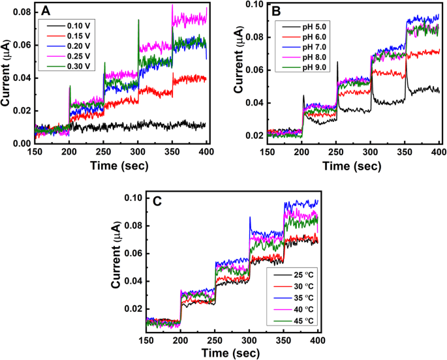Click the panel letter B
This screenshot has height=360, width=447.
275,11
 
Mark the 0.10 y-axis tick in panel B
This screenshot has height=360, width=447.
252,5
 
